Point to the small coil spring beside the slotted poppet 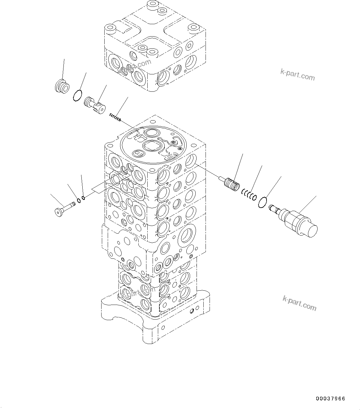point(115,117)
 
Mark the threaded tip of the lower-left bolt point(73,204)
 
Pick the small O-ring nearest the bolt point(79,200)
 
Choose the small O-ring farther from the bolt point(83,198)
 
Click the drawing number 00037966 point(330,399)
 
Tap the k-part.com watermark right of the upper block point(297,74)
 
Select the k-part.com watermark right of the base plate point(299,303)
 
